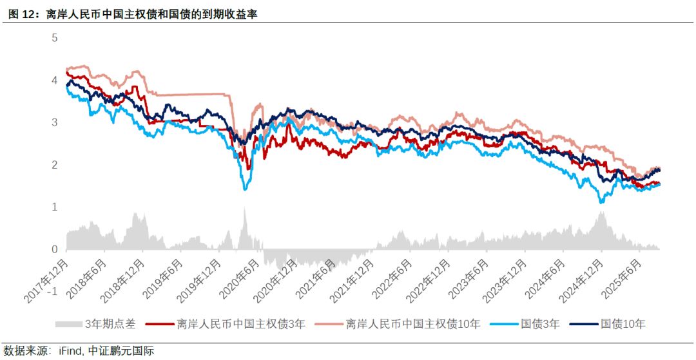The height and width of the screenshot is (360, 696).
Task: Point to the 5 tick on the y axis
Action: point(55,38)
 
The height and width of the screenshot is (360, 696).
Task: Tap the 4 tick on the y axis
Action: point(55,81)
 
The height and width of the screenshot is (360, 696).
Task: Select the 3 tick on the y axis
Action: point(55,122)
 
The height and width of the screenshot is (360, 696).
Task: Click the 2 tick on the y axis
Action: point(55,165)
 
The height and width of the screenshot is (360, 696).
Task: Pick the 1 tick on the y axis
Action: point(55,207)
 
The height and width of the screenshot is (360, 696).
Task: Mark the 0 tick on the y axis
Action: point(55,249)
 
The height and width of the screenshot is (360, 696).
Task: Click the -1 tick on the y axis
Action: point(53,291)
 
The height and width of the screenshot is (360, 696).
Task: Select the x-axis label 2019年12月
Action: point(197,281)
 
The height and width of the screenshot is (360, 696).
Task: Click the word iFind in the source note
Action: point(70,351)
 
